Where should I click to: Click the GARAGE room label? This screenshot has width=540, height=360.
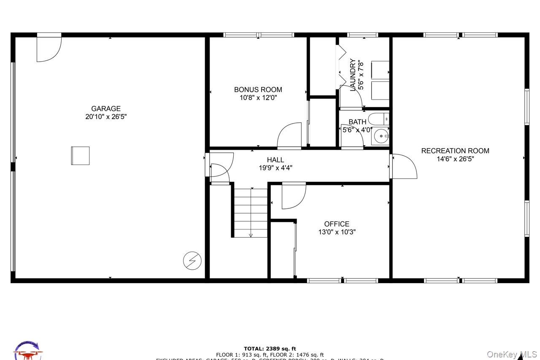pos(106,108)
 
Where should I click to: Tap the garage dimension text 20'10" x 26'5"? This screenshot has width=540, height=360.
pos(106,117)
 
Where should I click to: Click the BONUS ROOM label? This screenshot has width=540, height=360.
pos(258,89)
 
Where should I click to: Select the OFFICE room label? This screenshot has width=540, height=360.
pos(337,224)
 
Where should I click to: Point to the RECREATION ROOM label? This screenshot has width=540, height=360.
pos(455,151)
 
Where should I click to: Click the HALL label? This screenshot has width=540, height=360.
pos(275,160)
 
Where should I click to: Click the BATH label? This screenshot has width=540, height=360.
pos(357,122)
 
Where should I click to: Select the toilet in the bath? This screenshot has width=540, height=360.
pos(378,119)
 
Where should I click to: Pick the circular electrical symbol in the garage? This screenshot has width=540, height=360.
pos(192,261)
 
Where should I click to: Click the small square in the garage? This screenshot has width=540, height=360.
pos(80,156)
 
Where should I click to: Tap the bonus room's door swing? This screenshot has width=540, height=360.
pos(289,136)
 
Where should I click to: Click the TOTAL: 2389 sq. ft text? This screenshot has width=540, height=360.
pos(270,349)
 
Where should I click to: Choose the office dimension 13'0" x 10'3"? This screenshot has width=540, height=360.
pos(337,232)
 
